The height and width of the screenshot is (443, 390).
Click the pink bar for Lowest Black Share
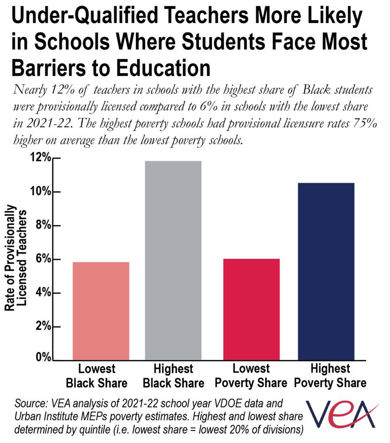(x=101, y=311)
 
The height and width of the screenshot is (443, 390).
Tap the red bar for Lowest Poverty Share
(x=251, y=309)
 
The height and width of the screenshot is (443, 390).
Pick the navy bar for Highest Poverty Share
(x=326, y=271)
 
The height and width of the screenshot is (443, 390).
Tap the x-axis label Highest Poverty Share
(x=330, y=376)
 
